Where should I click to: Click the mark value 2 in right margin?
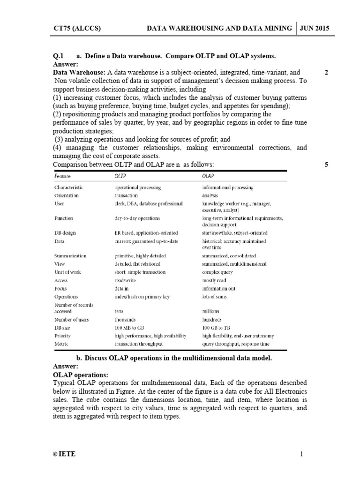326,72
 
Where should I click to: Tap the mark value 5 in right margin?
326,165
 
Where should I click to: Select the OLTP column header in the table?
120,175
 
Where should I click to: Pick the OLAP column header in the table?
208,175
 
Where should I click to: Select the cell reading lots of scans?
216,297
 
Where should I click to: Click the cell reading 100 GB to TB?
218,328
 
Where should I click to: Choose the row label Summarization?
70,256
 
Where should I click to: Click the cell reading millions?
210,311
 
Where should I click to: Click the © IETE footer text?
64,454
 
